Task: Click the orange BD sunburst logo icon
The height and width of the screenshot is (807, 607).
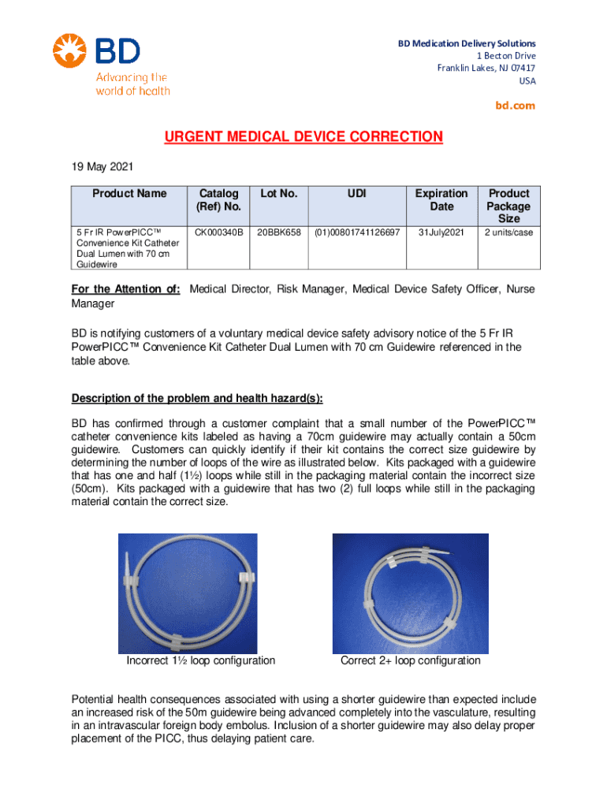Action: pyautogui.click(x=69, y=51)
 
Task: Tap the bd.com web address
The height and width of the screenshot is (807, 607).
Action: pyautogui.click(x=516, y=105)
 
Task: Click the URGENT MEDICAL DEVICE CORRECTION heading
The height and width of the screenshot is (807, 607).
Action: pyautogui.click(x=303, y=137)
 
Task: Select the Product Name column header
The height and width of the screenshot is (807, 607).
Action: pyautogui.click(x=129, y=194)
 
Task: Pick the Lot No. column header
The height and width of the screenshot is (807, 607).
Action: pyautogui.click(x=277, y=194)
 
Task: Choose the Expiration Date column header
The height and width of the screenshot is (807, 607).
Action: pyautogui.click(x=441, y=200)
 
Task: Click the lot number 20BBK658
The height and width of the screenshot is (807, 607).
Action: pyautogui.click(x=277, y=233)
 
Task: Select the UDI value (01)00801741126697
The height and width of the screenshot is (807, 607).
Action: pyautogui.click(x=357, y=233)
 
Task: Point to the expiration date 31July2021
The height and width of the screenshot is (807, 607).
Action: pyautogui.click(x=441, y=233)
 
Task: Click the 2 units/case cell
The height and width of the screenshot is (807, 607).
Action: pyautogui.click(x=508, y=233)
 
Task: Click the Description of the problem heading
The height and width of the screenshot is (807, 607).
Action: pyautogui.click(x=197, y=396)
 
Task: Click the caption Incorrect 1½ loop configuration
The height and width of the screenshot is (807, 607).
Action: pyautogui.click(x=201, y=660)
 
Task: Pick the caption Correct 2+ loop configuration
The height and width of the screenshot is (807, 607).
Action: pyautogui.click(x=410, y=660)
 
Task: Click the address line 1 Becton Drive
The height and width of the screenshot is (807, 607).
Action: pyautogui.click(x=506, y=56)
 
